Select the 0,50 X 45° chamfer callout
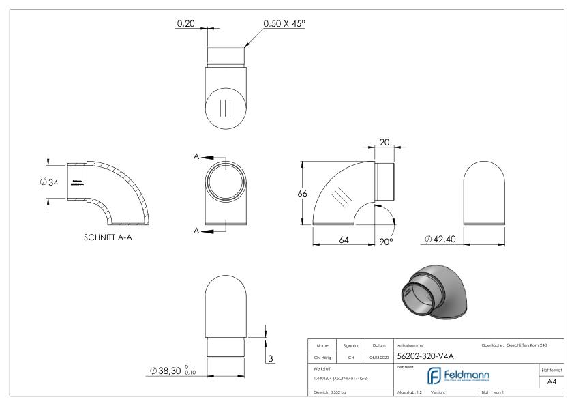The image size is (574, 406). coord(284,23)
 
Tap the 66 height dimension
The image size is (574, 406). coord(302,193)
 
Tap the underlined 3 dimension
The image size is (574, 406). coord(269,359)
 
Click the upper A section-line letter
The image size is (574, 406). coord(196,156)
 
